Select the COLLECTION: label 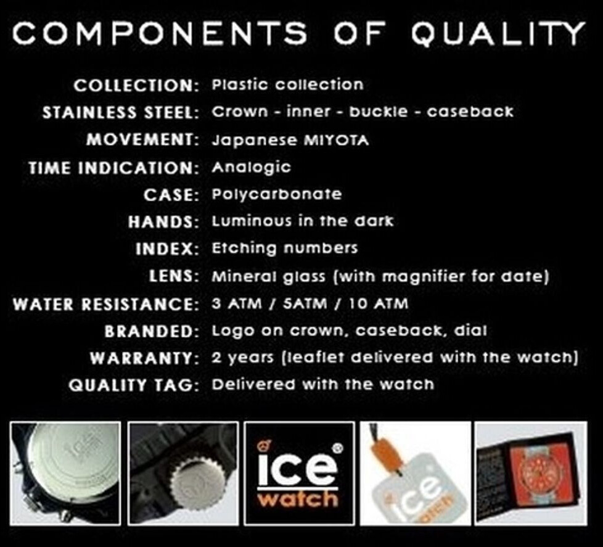point(136,85)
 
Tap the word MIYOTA point(337,140)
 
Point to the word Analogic point(251,167)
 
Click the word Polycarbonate point(276,194)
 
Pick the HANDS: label point(163,222)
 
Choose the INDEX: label point(167,249)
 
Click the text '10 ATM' point(379,304)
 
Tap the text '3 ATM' point(237,304)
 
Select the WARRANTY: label point(144,358)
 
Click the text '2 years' point(242,358)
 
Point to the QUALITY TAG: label point(134,385)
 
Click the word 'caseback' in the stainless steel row point(470,112)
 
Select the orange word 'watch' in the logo point(298,499)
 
